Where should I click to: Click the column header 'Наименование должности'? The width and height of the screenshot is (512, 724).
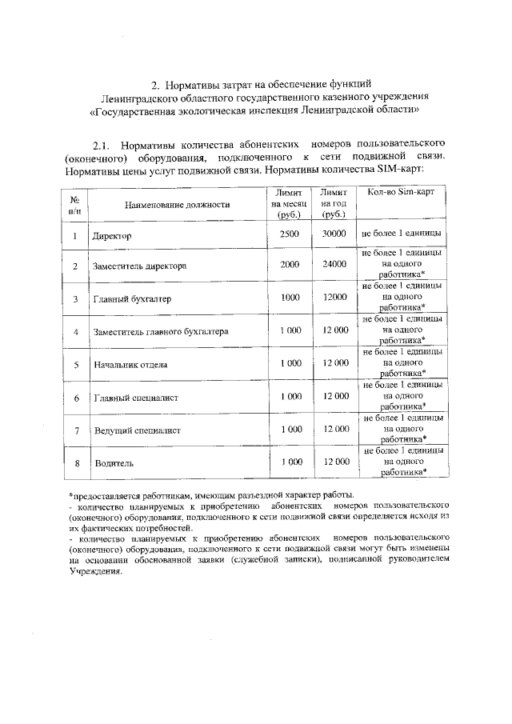click(177, 205)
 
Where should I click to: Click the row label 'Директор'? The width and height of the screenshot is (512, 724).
click(111, 237)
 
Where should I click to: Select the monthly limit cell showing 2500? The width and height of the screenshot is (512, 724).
click(290, 234)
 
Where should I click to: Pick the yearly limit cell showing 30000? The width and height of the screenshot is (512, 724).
click(334, 234)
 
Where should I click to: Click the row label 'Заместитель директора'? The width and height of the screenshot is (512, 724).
click(141, 266)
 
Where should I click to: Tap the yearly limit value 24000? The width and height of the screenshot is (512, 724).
click(334, 263)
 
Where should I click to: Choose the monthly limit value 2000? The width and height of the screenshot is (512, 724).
click(290, 263)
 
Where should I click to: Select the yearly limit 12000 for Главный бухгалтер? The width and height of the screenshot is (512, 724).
click(334, 297)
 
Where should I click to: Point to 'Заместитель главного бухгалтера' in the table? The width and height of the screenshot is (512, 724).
click(161, 331)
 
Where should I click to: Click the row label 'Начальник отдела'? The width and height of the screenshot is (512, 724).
click(130, 365)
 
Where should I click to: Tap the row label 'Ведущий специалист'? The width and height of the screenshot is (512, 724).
click(137, 430)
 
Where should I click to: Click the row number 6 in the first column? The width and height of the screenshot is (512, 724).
click(74, 398)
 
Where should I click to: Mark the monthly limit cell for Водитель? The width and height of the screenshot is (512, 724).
click(290, 462)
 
